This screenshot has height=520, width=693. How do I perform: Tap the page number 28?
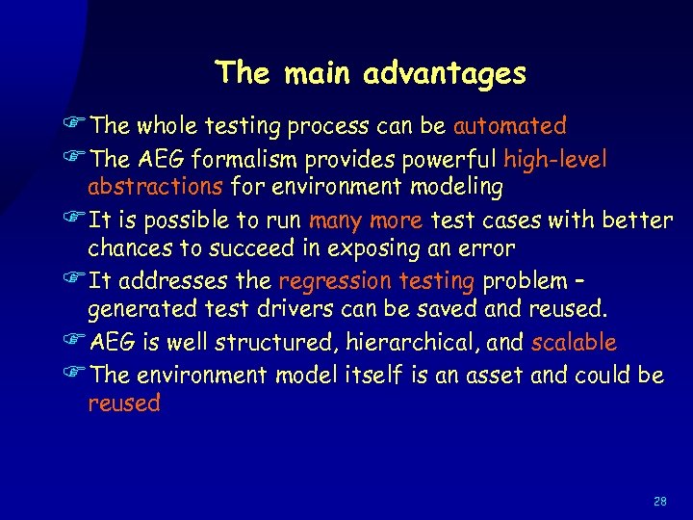point(659,501)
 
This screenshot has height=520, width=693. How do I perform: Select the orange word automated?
point(510,126)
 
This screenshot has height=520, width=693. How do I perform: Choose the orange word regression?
point(334,281)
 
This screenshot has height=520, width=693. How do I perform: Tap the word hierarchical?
point(425,343)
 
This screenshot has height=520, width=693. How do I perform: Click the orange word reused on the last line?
point(124,403)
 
